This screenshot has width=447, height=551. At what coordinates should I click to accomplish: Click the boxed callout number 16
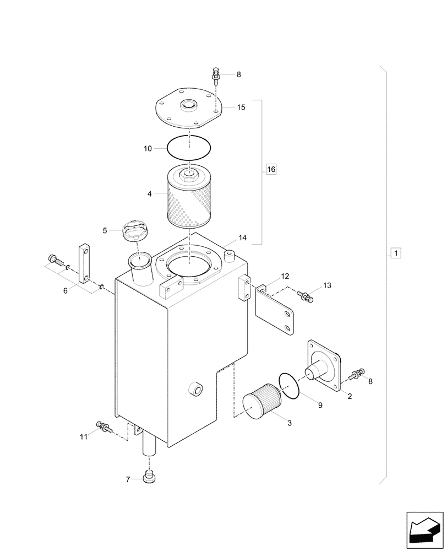coord(270,170)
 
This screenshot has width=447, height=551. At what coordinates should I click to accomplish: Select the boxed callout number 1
coord(396,253)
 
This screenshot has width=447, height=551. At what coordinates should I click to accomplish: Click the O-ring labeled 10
coord(189,147)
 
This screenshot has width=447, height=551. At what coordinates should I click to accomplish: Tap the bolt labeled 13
coord(306,297)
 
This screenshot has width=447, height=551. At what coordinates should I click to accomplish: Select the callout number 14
coord(242,238)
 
